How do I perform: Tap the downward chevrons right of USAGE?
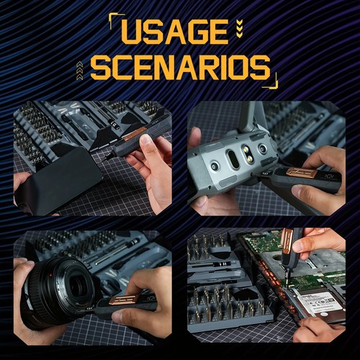pos(239,27)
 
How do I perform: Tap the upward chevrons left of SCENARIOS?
pos(79,69)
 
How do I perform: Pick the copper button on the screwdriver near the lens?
pos(122,299)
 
